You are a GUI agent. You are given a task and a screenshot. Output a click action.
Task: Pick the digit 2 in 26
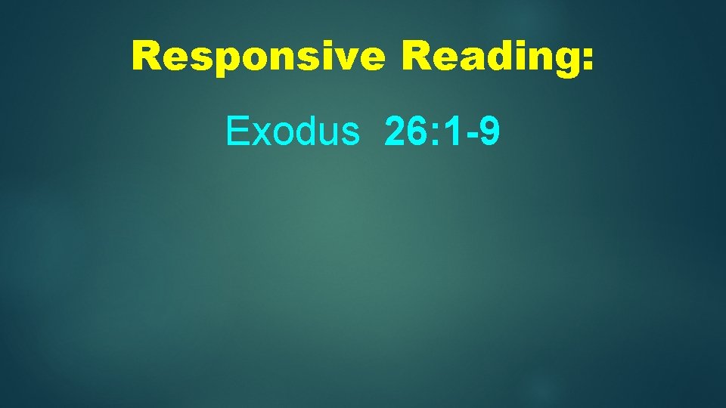(x=395, y=131)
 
